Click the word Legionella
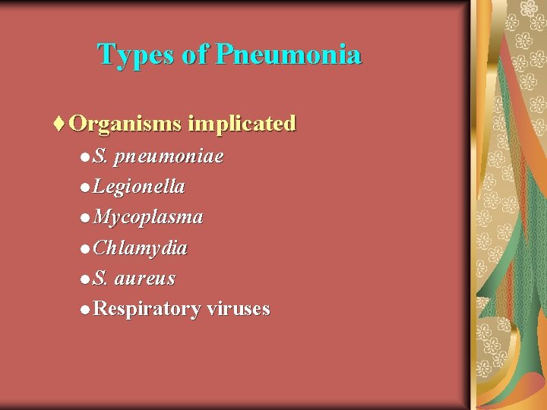point(139,187)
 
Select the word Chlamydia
point(141,248)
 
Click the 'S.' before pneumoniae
point(100,157)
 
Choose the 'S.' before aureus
point(100,279)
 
